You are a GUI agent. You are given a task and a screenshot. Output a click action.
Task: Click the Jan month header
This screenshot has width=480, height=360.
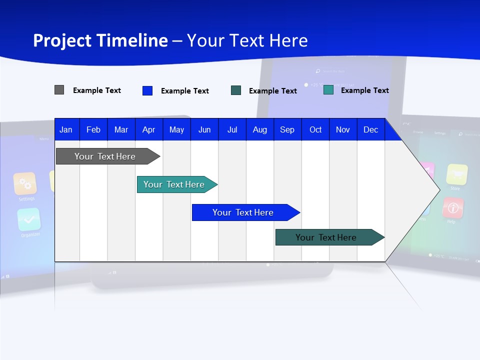(66, 129)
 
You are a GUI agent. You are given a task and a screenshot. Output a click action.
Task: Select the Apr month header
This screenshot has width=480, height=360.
(149, 129)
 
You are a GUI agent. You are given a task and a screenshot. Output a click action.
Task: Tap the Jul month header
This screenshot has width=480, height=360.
(232, 129)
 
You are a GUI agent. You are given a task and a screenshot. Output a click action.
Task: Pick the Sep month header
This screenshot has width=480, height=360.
(287, 129)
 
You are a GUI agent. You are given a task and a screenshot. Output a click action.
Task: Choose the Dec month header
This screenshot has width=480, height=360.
(370, 129)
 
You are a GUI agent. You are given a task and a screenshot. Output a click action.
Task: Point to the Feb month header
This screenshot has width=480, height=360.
(93, 129)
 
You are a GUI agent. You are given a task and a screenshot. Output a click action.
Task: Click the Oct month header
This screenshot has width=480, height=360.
(315, 129)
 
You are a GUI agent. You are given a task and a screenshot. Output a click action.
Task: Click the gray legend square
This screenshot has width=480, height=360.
(59, 90)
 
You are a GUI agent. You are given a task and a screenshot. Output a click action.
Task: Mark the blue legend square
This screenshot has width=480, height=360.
(147, 90)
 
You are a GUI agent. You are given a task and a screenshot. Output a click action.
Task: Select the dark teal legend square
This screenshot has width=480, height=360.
(236, 90)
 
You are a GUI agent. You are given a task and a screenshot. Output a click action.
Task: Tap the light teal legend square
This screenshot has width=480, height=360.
(328, 90)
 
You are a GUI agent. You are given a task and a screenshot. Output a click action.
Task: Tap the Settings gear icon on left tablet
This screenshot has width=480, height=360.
(25, 183)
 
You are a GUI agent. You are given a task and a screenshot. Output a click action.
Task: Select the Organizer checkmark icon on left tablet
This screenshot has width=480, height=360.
(29, 219)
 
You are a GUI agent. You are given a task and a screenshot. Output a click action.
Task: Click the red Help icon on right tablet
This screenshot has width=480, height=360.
(453, 207)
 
